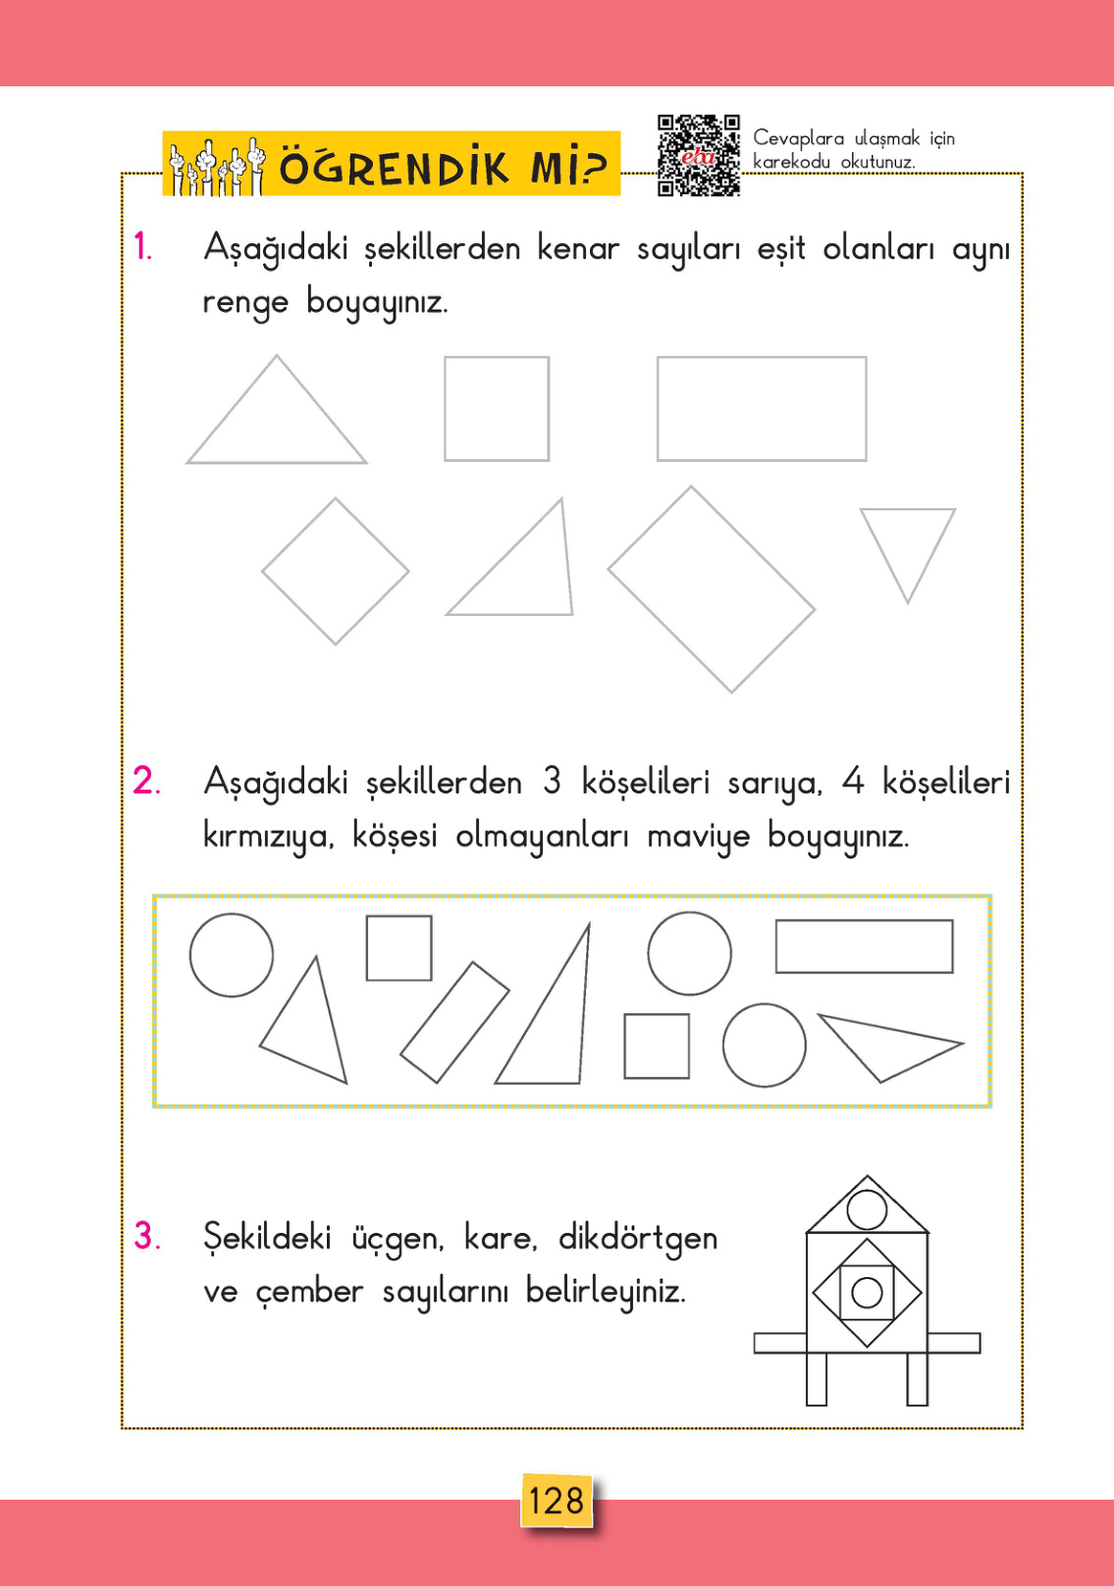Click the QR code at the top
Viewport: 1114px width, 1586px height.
click(x=698, y=155)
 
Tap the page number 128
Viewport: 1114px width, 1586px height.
click(x=557, y=1501)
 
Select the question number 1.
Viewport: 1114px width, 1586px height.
click(x=143, y=247)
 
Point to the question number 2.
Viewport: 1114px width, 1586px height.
click(x=146, y=782)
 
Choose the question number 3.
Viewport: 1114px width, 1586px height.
click(x=147, y=1236)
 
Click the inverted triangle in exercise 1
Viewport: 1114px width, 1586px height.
click(x=908, y=543)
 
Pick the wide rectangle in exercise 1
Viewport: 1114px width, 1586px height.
click(x=762, y=408)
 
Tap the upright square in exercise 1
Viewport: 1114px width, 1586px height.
click(x=497, y=408)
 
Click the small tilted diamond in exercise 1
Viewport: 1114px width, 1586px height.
click(x=336, y=571)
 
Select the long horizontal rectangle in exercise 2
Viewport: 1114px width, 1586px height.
click(x=864, y=946)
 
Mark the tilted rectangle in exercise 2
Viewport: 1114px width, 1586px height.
click(x=454, y=1022)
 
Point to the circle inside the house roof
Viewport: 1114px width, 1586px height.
click(x=867, y=1209)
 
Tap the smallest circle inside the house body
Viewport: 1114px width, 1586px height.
click(x=867, y=1292)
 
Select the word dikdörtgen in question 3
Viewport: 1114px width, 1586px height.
click(x=638, y=1239)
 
